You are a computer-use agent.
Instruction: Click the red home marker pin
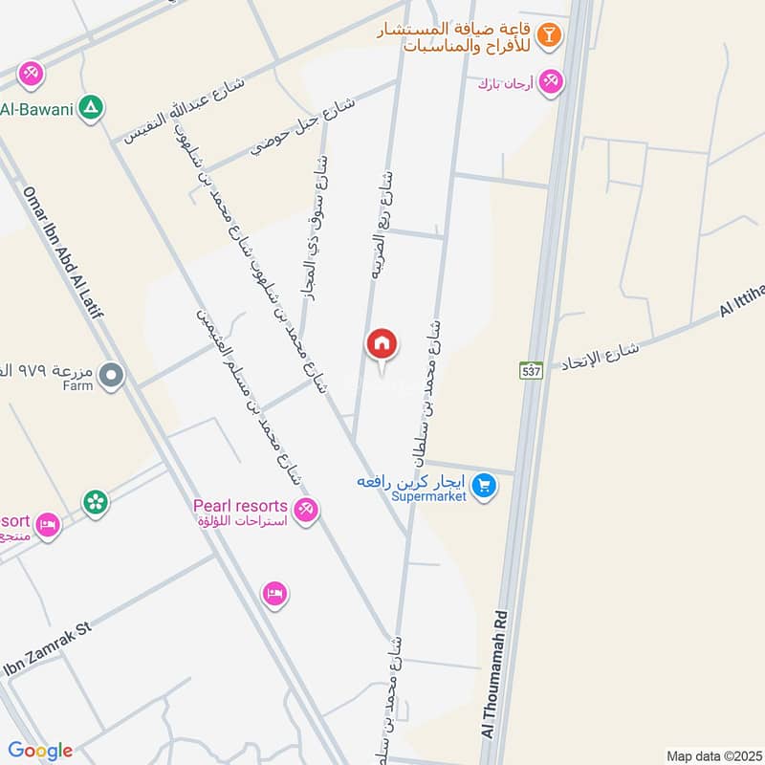[x=382, y=344]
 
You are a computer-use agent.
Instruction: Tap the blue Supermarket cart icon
[x=485, y=487]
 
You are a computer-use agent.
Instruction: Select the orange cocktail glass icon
[x=549, y=36]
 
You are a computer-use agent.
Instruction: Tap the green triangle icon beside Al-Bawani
[x=91, y=107]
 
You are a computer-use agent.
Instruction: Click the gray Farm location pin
[x=112, y=376]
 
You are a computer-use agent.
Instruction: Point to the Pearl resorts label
[x=240, y=505]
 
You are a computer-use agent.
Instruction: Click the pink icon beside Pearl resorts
[x=306, y=512]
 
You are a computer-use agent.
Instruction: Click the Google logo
[x=40, y=751]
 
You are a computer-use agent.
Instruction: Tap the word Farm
[x=77, y=386]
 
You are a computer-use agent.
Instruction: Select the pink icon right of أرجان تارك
[x=550, y=82]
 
